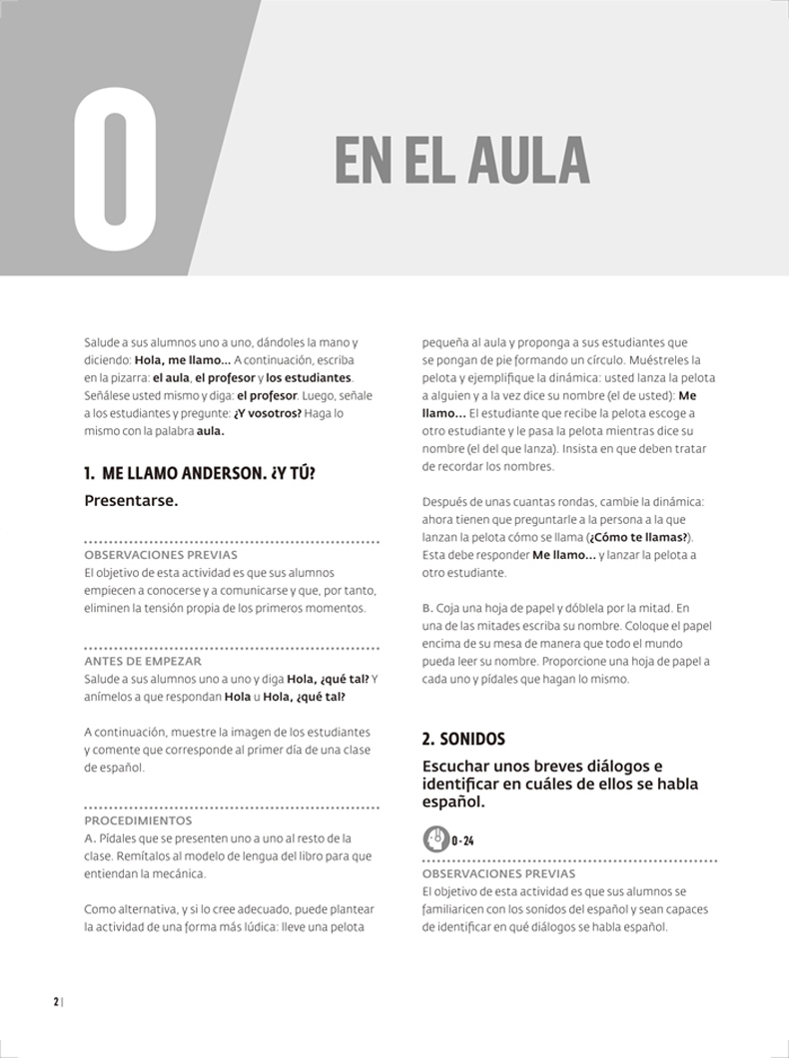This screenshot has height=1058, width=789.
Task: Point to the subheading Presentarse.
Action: click(131, 500)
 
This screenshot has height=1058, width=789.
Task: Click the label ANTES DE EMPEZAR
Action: click(143, 661)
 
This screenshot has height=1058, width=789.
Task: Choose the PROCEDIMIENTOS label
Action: click(138, 820)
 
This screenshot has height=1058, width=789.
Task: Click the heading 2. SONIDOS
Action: click(463, 740)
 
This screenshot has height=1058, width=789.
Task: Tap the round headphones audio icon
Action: click(435, 838)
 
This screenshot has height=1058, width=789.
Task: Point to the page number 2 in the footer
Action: click(56, 1002)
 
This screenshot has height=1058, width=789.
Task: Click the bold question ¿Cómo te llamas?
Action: click(639, 537)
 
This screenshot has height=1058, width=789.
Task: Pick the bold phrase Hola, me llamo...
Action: click(179, 359)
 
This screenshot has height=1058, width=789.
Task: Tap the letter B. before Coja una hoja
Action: click(427, 608)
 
